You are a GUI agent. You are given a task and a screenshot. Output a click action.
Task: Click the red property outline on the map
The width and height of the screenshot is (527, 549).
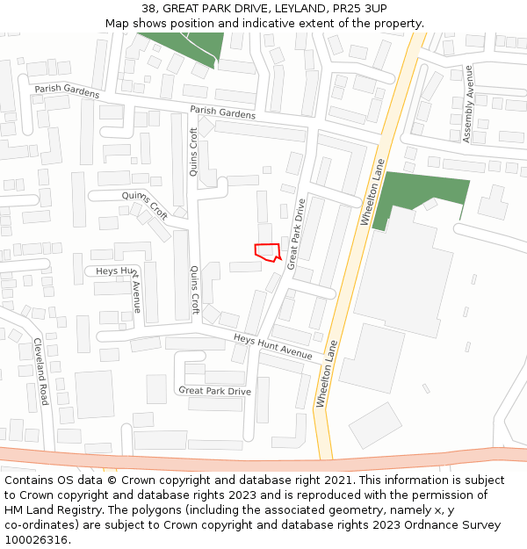266,251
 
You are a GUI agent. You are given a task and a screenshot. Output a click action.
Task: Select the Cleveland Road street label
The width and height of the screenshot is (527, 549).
40,372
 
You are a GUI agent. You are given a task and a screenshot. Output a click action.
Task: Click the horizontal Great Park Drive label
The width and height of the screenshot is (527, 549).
215,391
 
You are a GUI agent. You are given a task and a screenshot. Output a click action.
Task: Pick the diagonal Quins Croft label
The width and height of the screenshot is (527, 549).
146,205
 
